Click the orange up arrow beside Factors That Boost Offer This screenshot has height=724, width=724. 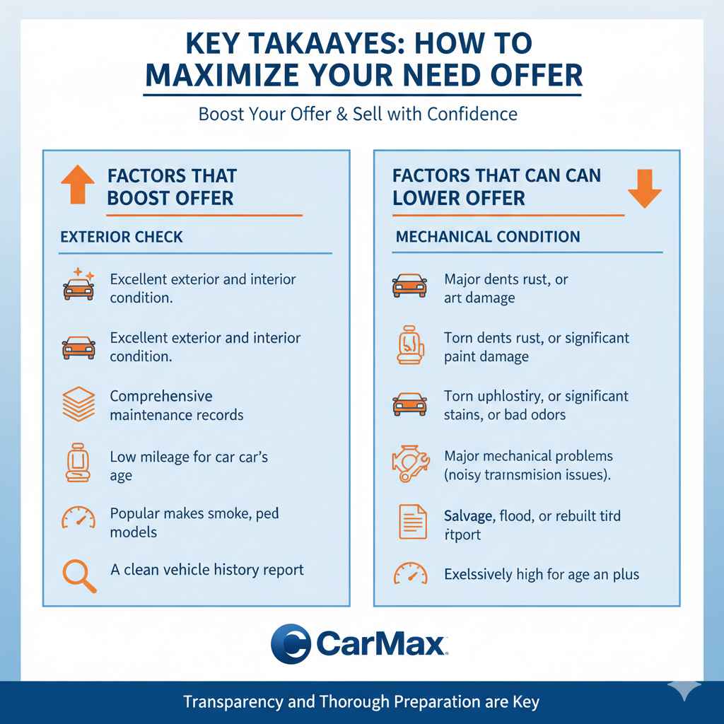(77, 185)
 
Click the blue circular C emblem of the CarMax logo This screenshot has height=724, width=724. (291, 643)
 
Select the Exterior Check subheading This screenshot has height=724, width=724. (122, 237)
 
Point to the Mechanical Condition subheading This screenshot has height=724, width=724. (488, 237)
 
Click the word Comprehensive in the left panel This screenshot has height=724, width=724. (160, 396)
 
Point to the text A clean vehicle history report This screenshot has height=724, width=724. (207, 569)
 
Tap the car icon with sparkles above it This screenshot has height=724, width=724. (78, 284)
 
